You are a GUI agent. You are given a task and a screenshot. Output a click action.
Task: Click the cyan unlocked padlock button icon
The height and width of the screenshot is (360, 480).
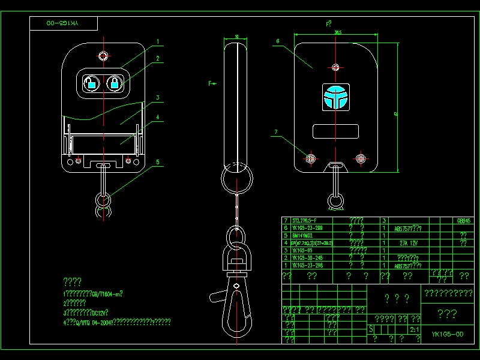(91, 83)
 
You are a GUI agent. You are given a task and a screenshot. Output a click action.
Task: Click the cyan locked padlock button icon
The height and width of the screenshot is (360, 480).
(114, 83)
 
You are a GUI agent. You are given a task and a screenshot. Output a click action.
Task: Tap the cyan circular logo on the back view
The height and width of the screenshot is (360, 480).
(335, 97)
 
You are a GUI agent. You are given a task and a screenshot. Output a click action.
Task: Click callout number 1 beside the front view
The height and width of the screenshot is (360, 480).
(158, 41)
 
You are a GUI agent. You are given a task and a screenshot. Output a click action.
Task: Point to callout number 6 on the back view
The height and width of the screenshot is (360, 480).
(278, 41)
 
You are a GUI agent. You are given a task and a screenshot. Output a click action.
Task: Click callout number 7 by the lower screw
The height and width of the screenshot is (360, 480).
(276, 131)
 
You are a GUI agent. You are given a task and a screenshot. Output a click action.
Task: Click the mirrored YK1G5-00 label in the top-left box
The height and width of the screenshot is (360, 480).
(64, 23)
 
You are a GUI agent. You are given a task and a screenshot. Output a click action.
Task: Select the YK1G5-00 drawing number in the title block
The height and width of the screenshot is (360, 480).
(448, 334)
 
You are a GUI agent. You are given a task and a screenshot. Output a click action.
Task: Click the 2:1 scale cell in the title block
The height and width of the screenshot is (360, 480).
(414, 329)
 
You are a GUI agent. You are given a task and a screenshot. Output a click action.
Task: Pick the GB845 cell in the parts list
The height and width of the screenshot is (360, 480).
(464, 221)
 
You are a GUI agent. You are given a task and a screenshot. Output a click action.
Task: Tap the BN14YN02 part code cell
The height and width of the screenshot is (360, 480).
(304, 236)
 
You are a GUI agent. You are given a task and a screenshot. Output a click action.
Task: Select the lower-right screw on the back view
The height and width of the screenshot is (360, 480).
(361, 158)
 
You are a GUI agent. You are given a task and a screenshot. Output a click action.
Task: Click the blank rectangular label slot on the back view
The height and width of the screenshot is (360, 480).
(335, 131)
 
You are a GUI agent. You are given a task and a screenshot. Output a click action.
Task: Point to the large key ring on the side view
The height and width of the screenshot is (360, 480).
(236, 178)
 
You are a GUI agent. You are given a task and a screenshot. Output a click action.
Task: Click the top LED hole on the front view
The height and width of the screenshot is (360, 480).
(103, 56)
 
